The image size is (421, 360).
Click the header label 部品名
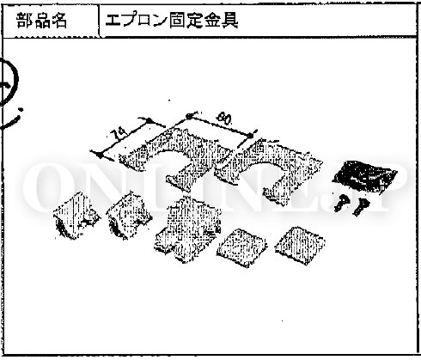click(x=42, y=21)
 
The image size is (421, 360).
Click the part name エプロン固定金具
click(x=171, y=21)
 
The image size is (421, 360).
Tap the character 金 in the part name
click(x=212, y=21)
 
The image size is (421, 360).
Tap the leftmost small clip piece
click(x=76, y=216)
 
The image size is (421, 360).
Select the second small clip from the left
click(x=129, y=216)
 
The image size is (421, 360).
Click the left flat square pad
click(x=241, y=247)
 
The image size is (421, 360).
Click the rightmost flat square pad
click(x=300, y=245)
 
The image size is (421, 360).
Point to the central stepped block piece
click(x=187, y=229)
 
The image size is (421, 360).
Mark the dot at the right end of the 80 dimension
click(x=251, y=135)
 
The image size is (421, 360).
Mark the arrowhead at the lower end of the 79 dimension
click(x=98, y=155)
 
